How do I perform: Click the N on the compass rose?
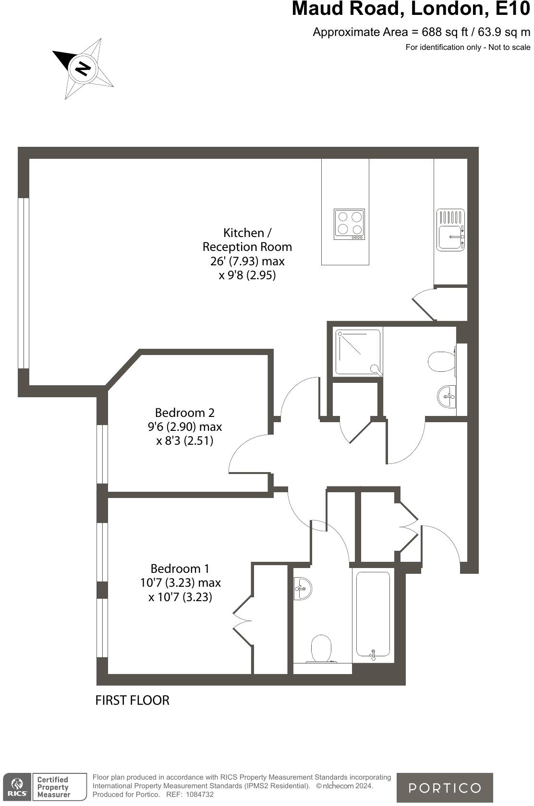tap(83, 68)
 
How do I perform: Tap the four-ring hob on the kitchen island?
tap(349, 224)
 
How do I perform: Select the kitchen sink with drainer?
tap(450, 229)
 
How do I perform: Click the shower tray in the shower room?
tap(358, 353)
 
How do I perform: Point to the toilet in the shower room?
tap(442, 362)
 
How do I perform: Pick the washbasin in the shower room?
tap(447, 396)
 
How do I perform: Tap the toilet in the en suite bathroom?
tap(321, 649)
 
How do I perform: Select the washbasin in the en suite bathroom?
tap(303, 589)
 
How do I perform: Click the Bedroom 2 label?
tap(185, 413)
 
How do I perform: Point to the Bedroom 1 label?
tap(180, 569)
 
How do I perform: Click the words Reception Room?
tap(247, 247)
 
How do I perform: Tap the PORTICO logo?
tap(445, 788)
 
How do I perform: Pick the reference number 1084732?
tap(200, 794)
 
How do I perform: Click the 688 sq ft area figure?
tap(444, 32)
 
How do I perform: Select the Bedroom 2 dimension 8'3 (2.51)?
tap(185, 440)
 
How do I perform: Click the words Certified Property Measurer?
tap(53, 787)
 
